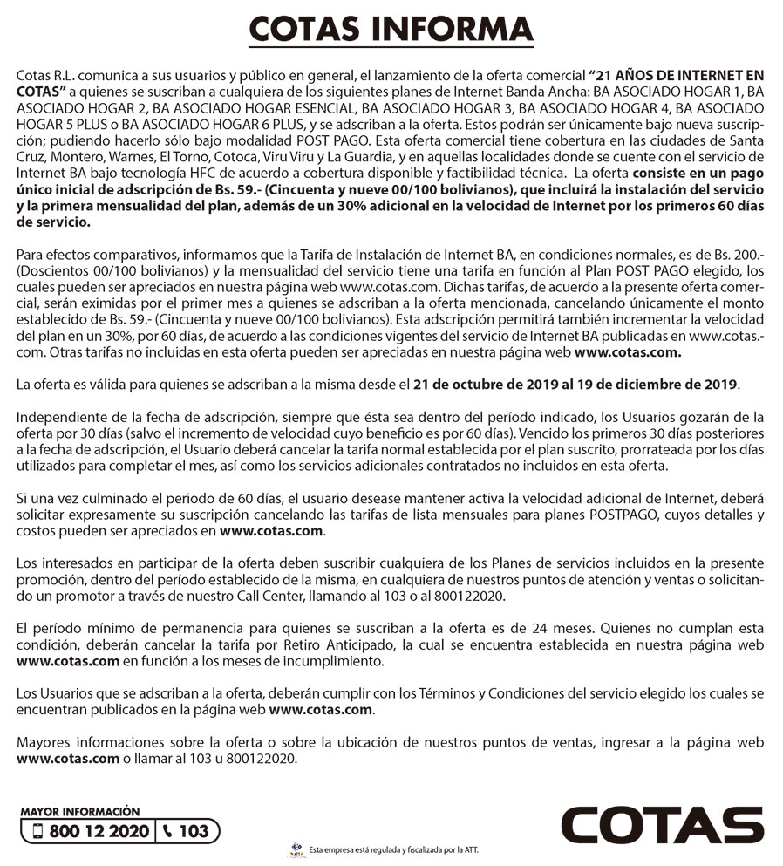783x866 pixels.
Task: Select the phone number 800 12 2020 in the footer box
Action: [x=99, y=830]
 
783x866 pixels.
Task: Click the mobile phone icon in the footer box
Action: [x=37, y=830]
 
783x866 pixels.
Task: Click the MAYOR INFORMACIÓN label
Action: [x=79, y=811]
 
